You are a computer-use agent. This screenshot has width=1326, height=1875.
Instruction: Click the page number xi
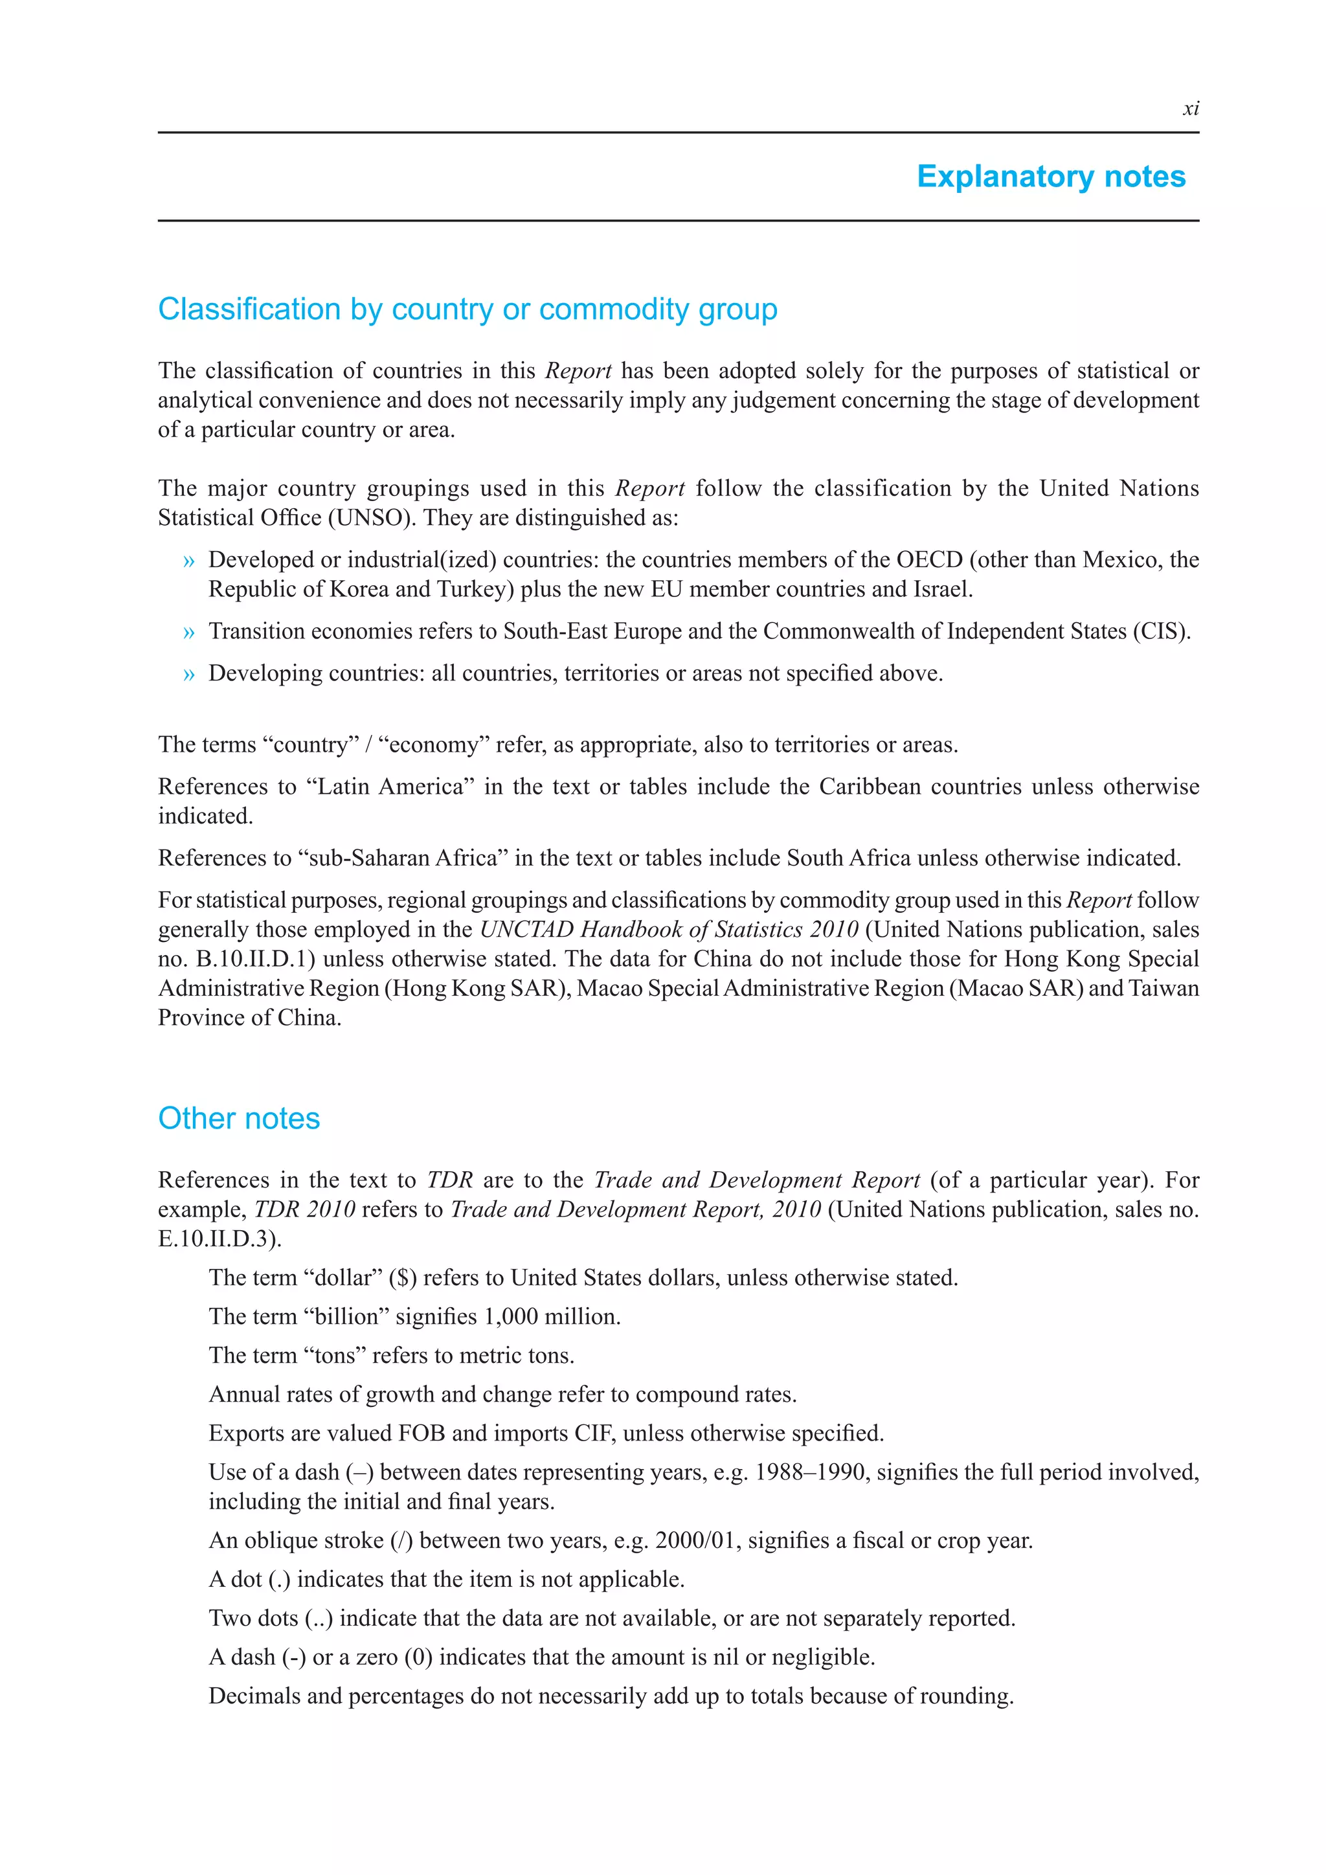click(1191, 109)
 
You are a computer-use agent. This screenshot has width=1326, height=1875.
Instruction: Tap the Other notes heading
click(238, 1118)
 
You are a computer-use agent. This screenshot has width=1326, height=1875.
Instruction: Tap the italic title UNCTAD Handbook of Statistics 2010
click(669, 929)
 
